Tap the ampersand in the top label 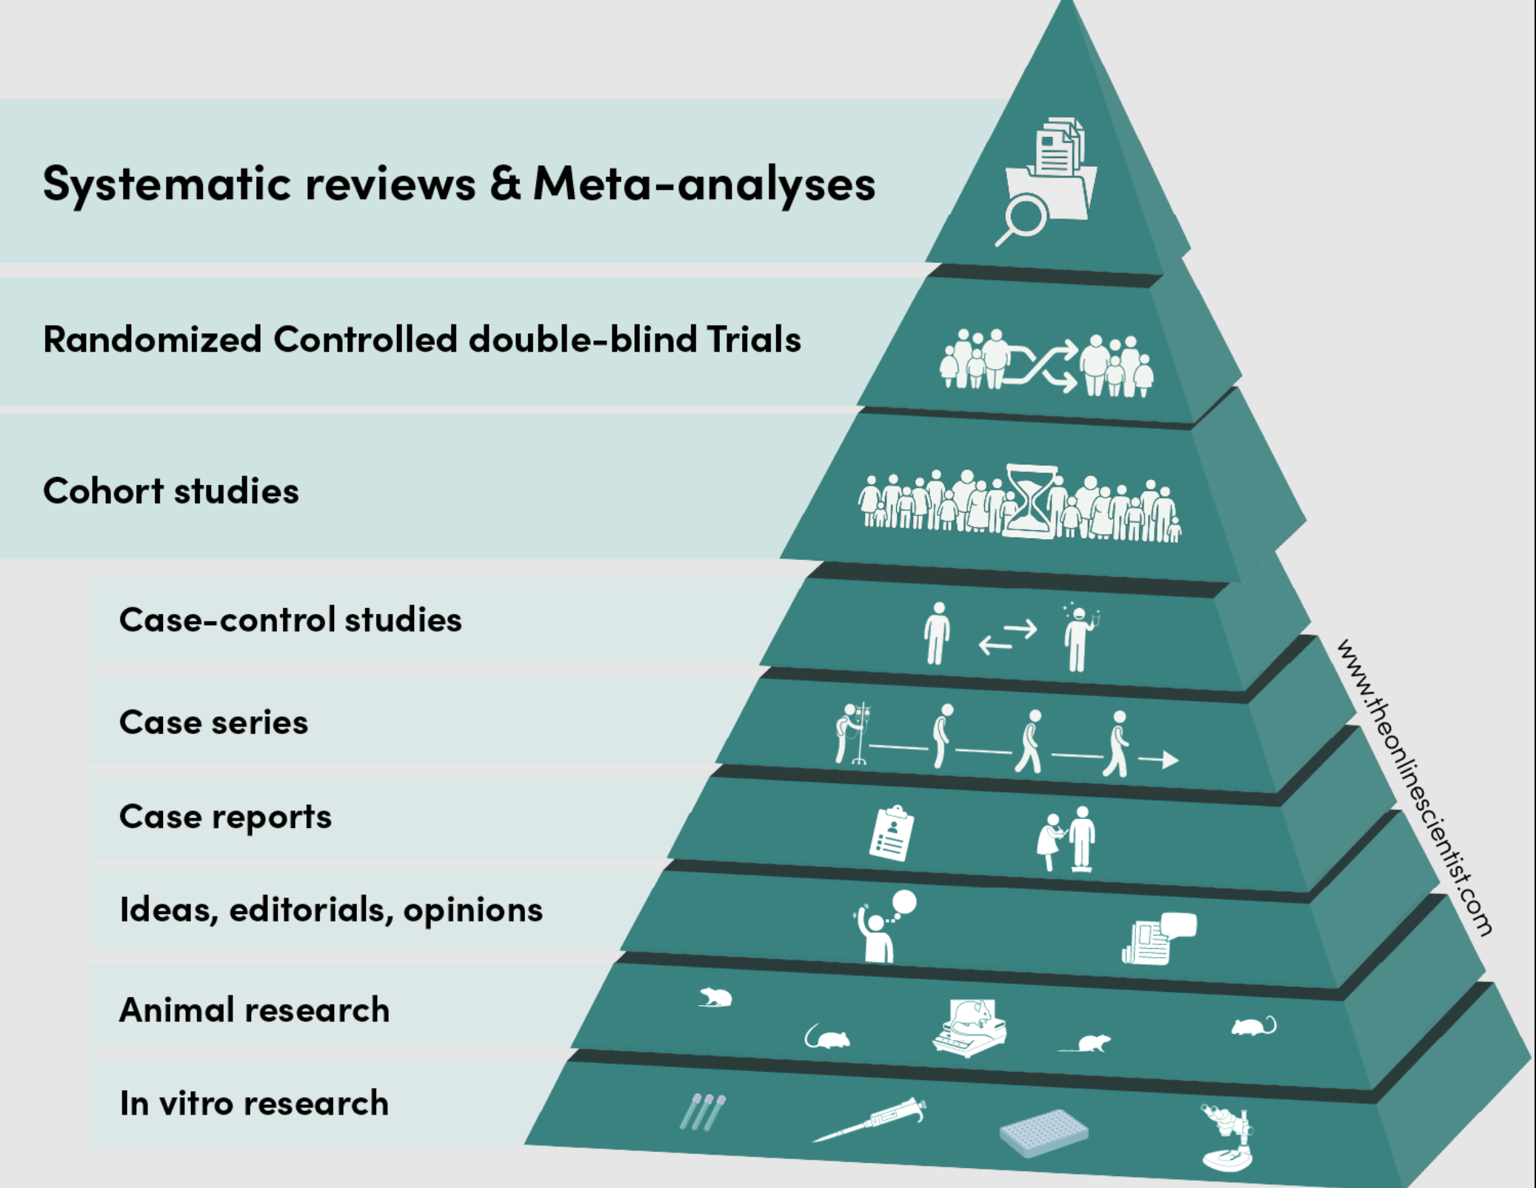pyautogui.click(x=505, y=182)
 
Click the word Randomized pyautogui.click(x=153, y=340)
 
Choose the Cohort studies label pyautogui.click(x=171, y=491)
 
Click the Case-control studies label pyautogui.click(x=290, y=620)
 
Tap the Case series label pyautogui.click(x=213, y=722)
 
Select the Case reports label pyautogui.click(x=225, y=818)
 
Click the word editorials pyautogui.click(x=311, y=910)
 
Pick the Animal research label pyautogui.click(x=254, y=1010)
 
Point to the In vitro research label pyautogui.click(x=254, y=1104)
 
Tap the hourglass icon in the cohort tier pyautogui.click(x=1032, y=501)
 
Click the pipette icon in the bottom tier pyautogui.click(x=869, y=1119)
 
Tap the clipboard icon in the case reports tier pyautogui.click(x=891, y=833)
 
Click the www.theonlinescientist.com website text pyautogui.click(x=1415, y=788)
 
